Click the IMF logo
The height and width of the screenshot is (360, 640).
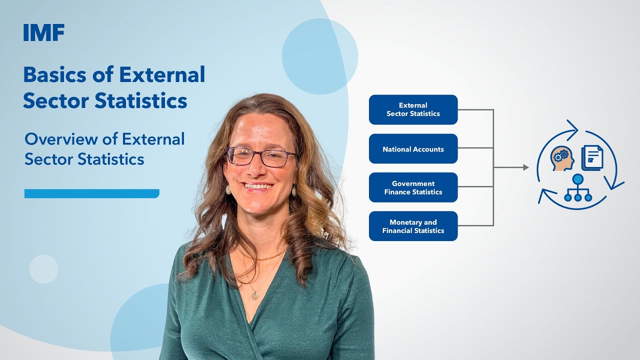(44, 33)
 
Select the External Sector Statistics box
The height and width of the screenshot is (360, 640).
(413, 109)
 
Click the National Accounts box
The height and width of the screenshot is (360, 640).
(413, 149)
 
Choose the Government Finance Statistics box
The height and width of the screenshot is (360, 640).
(413, 187)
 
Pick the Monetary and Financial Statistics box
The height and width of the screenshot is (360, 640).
(413, 226)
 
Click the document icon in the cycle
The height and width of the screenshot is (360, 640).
(592, 157)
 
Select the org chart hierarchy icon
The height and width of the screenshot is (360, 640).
(578, 188)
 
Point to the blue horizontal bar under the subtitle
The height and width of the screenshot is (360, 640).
(91, 193)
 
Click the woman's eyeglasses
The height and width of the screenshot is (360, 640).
(261, 157)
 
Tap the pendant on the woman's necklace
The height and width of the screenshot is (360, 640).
(255, 295)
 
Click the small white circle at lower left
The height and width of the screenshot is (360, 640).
(43, 269)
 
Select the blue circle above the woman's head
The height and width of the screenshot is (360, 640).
(320, 56)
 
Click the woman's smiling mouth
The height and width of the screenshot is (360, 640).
(258, 187)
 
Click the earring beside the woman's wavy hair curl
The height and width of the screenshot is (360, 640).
(294, 190)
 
